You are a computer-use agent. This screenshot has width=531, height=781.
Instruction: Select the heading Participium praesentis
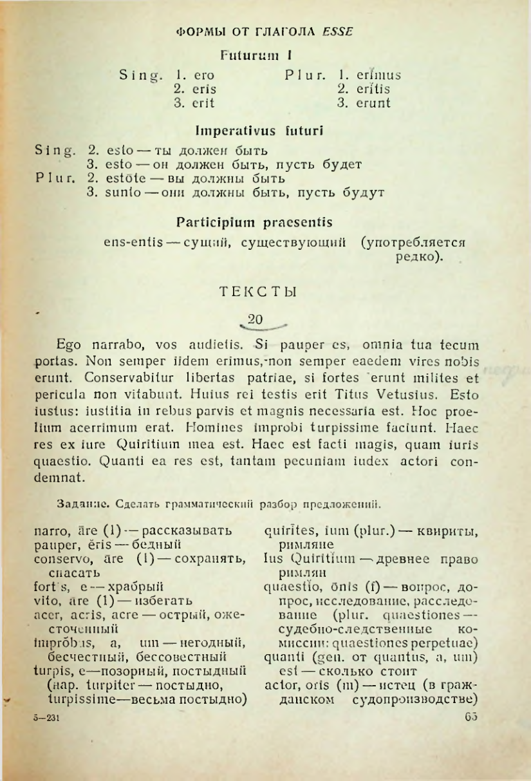[x=254, y=223]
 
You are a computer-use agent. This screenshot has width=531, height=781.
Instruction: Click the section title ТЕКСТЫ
[x=257, y=291]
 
